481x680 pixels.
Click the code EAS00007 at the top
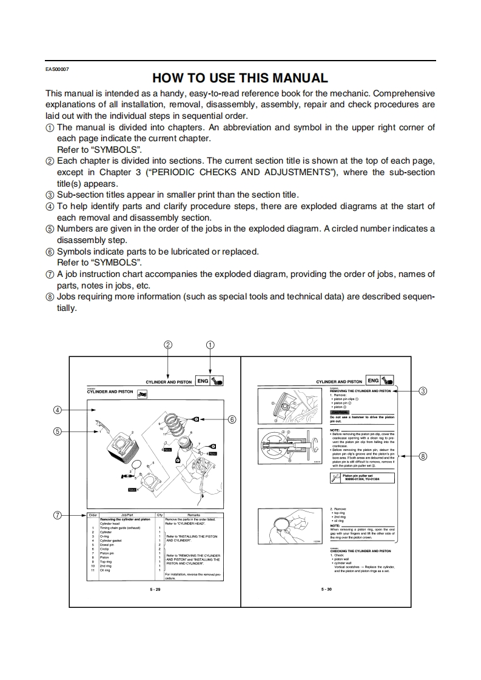click(x=58, y=68)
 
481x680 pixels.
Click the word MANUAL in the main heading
click(x=294, y=78)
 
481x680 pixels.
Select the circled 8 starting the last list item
click(x=50, y=297)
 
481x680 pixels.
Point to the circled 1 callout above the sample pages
click(x=210, y=344)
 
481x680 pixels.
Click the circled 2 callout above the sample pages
click(x=168, y=344)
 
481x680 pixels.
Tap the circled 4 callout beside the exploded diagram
click(x=58, y=410)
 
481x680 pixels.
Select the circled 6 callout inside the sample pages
click(x=232, y=419)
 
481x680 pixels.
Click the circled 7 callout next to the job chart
click(x=58, y=515)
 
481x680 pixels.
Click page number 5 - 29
click(x=155, y=588)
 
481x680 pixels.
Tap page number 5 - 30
click(x=326, y=588)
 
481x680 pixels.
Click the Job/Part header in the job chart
click(x=127, y=515)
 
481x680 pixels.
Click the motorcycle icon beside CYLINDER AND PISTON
click(x=143, y=395)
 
